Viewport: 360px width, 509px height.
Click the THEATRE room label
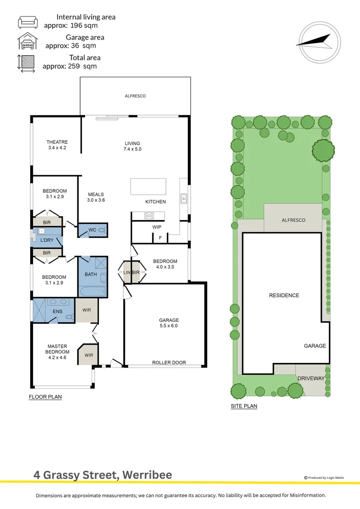pyautogui.click(x=57, y=145)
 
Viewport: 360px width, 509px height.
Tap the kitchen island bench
pyautogui.click(x=148, y=186)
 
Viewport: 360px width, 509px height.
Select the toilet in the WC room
pyautogui.click(x=102, y=230)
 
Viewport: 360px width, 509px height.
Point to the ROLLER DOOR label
pyautogui.click(x=169, y=362)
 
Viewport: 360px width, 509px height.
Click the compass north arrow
pyautogui.click(x=314, y=41)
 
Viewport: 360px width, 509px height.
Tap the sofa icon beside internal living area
pyautogui.click(x=27, y=22)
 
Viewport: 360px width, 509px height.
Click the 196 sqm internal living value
pyautogui.click(x=87, y=25)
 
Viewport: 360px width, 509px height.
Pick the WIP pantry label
pyautogui.click(x=157, y=227)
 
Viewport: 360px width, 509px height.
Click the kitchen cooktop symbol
pyautogui.click(x=149, y=216)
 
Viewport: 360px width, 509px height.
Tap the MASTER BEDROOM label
pyautogui.click(x=57, y=349)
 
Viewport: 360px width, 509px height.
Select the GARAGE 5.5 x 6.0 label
pyautogui.click(x=169, y=323)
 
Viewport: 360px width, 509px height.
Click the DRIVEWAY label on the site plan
pyautogui.click(x=311, y=378)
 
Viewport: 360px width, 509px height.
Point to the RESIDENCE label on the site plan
pyautogui.click(x=284, y=296)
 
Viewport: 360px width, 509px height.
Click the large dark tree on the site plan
pyautogui.click(x=323, y=151)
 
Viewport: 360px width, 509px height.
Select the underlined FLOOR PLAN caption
pyautogui.click(x=45, y=397)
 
